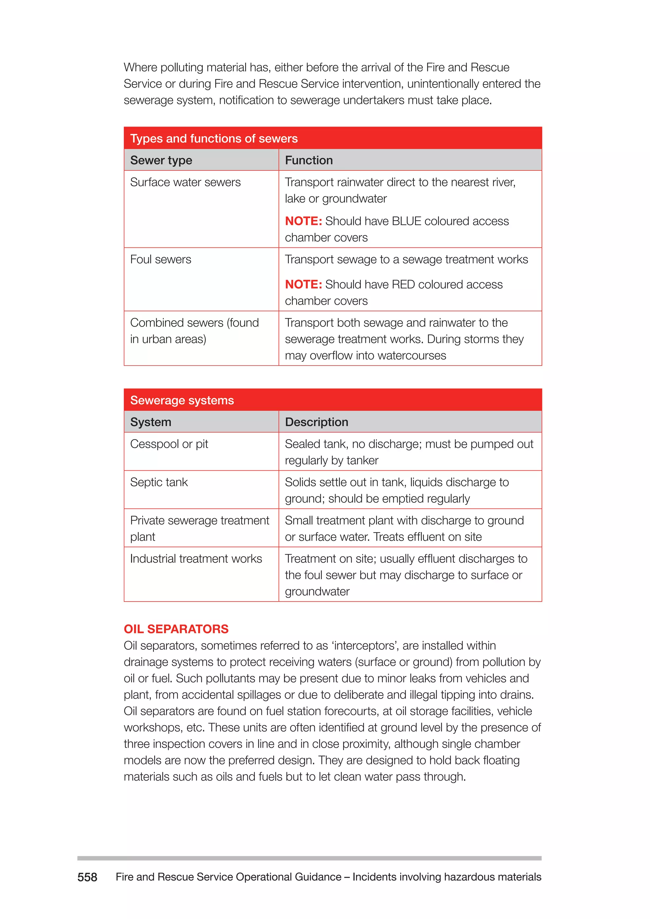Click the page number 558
[x=87, y=877]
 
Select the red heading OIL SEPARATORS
[x=176, y=629]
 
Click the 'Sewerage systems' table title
[x=182, y=400]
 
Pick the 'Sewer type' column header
[x=161, y=160]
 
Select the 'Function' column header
[x=308, y=160]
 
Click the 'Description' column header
[x=316, y=422]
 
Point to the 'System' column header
[x=150, y=422]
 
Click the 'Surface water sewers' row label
[x=185, y=182]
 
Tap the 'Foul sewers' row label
[x=161, y=259]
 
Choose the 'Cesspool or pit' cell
[x=169, y=444]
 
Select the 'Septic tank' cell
[x=159, y=482]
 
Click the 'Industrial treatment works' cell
[x=196, y=559]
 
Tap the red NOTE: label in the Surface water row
[x=303, y=221]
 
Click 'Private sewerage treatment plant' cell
[x=199, y=528]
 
